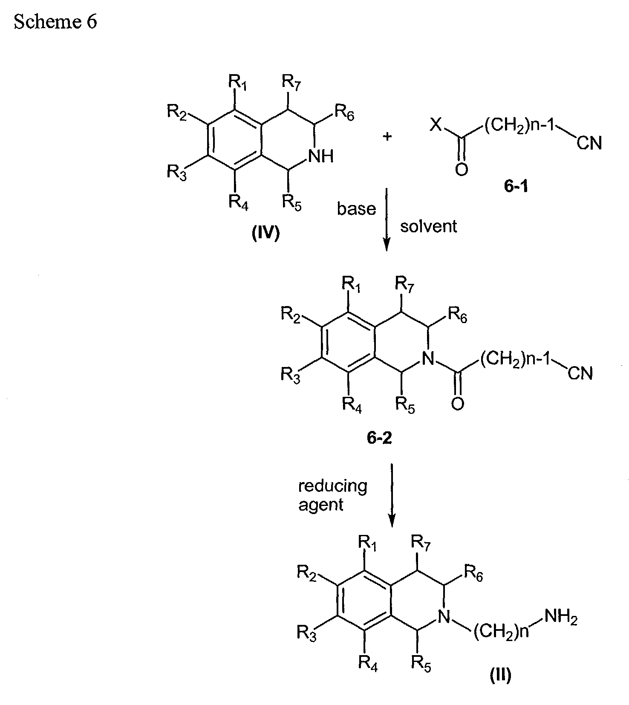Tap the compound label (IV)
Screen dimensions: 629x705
(x=265, y=234)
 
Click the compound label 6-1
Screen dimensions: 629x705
(x=516, y=187)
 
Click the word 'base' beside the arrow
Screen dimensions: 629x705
(x=357, y=209)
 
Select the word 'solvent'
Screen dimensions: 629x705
(x=428, y=226)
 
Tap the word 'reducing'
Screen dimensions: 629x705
(x=332, y=486)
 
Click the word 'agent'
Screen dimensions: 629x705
(x=321, y=505)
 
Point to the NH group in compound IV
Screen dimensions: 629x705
(x=321, y=156)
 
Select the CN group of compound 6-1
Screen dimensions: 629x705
(x=589, y=144)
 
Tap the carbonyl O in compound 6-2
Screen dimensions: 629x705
(x=458, y=403)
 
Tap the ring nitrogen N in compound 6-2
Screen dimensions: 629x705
(x=429, y=360)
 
